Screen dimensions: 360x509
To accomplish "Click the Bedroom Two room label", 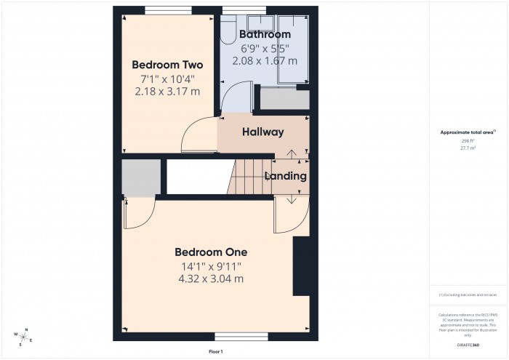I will [x=167, y=65].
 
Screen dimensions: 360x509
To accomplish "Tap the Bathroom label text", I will [x=265, y=34].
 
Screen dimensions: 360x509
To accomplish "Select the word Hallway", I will [x=262, y=132].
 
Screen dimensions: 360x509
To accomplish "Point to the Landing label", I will [x=285, y=176].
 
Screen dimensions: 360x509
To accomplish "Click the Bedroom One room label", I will [x=211, y=252].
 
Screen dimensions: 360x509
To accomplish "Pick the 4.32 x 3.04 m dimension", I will [x=211, y=279].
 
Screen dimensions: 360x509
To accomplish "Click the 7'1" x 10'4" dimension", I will [x=167, y=79].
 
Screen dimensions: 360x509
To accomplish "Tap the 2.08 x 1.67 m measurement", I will [x=265, y=61].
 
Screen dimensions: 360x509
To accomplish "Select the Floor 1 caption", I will [x=216, y=352].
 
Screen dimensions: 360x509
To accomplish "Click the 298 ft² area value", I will [x=468, y=140].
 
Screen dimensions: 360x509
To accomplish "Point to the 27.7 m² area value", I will [x=468, y=148].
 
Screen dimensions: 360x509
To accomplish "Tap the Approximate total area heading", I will [x=468, y=132].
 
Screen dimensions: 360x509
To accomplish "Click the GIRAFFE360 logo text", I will [x=468, y=343].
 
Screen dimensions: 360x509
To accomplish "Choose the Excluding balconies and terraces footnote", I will [x=468, y=295].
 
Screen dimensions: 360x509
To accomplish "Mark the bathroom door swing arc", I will [x=234, y=98].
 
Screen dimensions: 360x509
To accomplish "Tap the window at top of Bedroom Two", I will [x=167, y=9].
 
